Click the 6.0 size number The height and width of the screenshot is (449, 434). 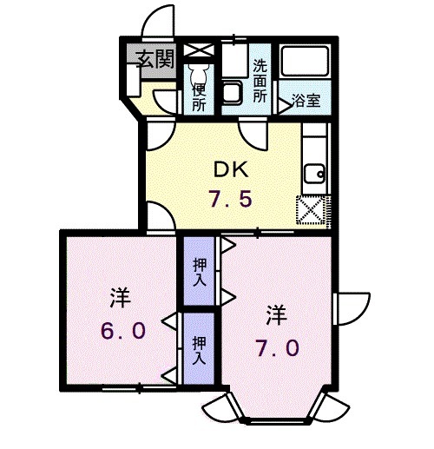(122, 331)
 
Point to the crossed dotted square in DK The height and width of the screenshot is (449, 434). (311, 208)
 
